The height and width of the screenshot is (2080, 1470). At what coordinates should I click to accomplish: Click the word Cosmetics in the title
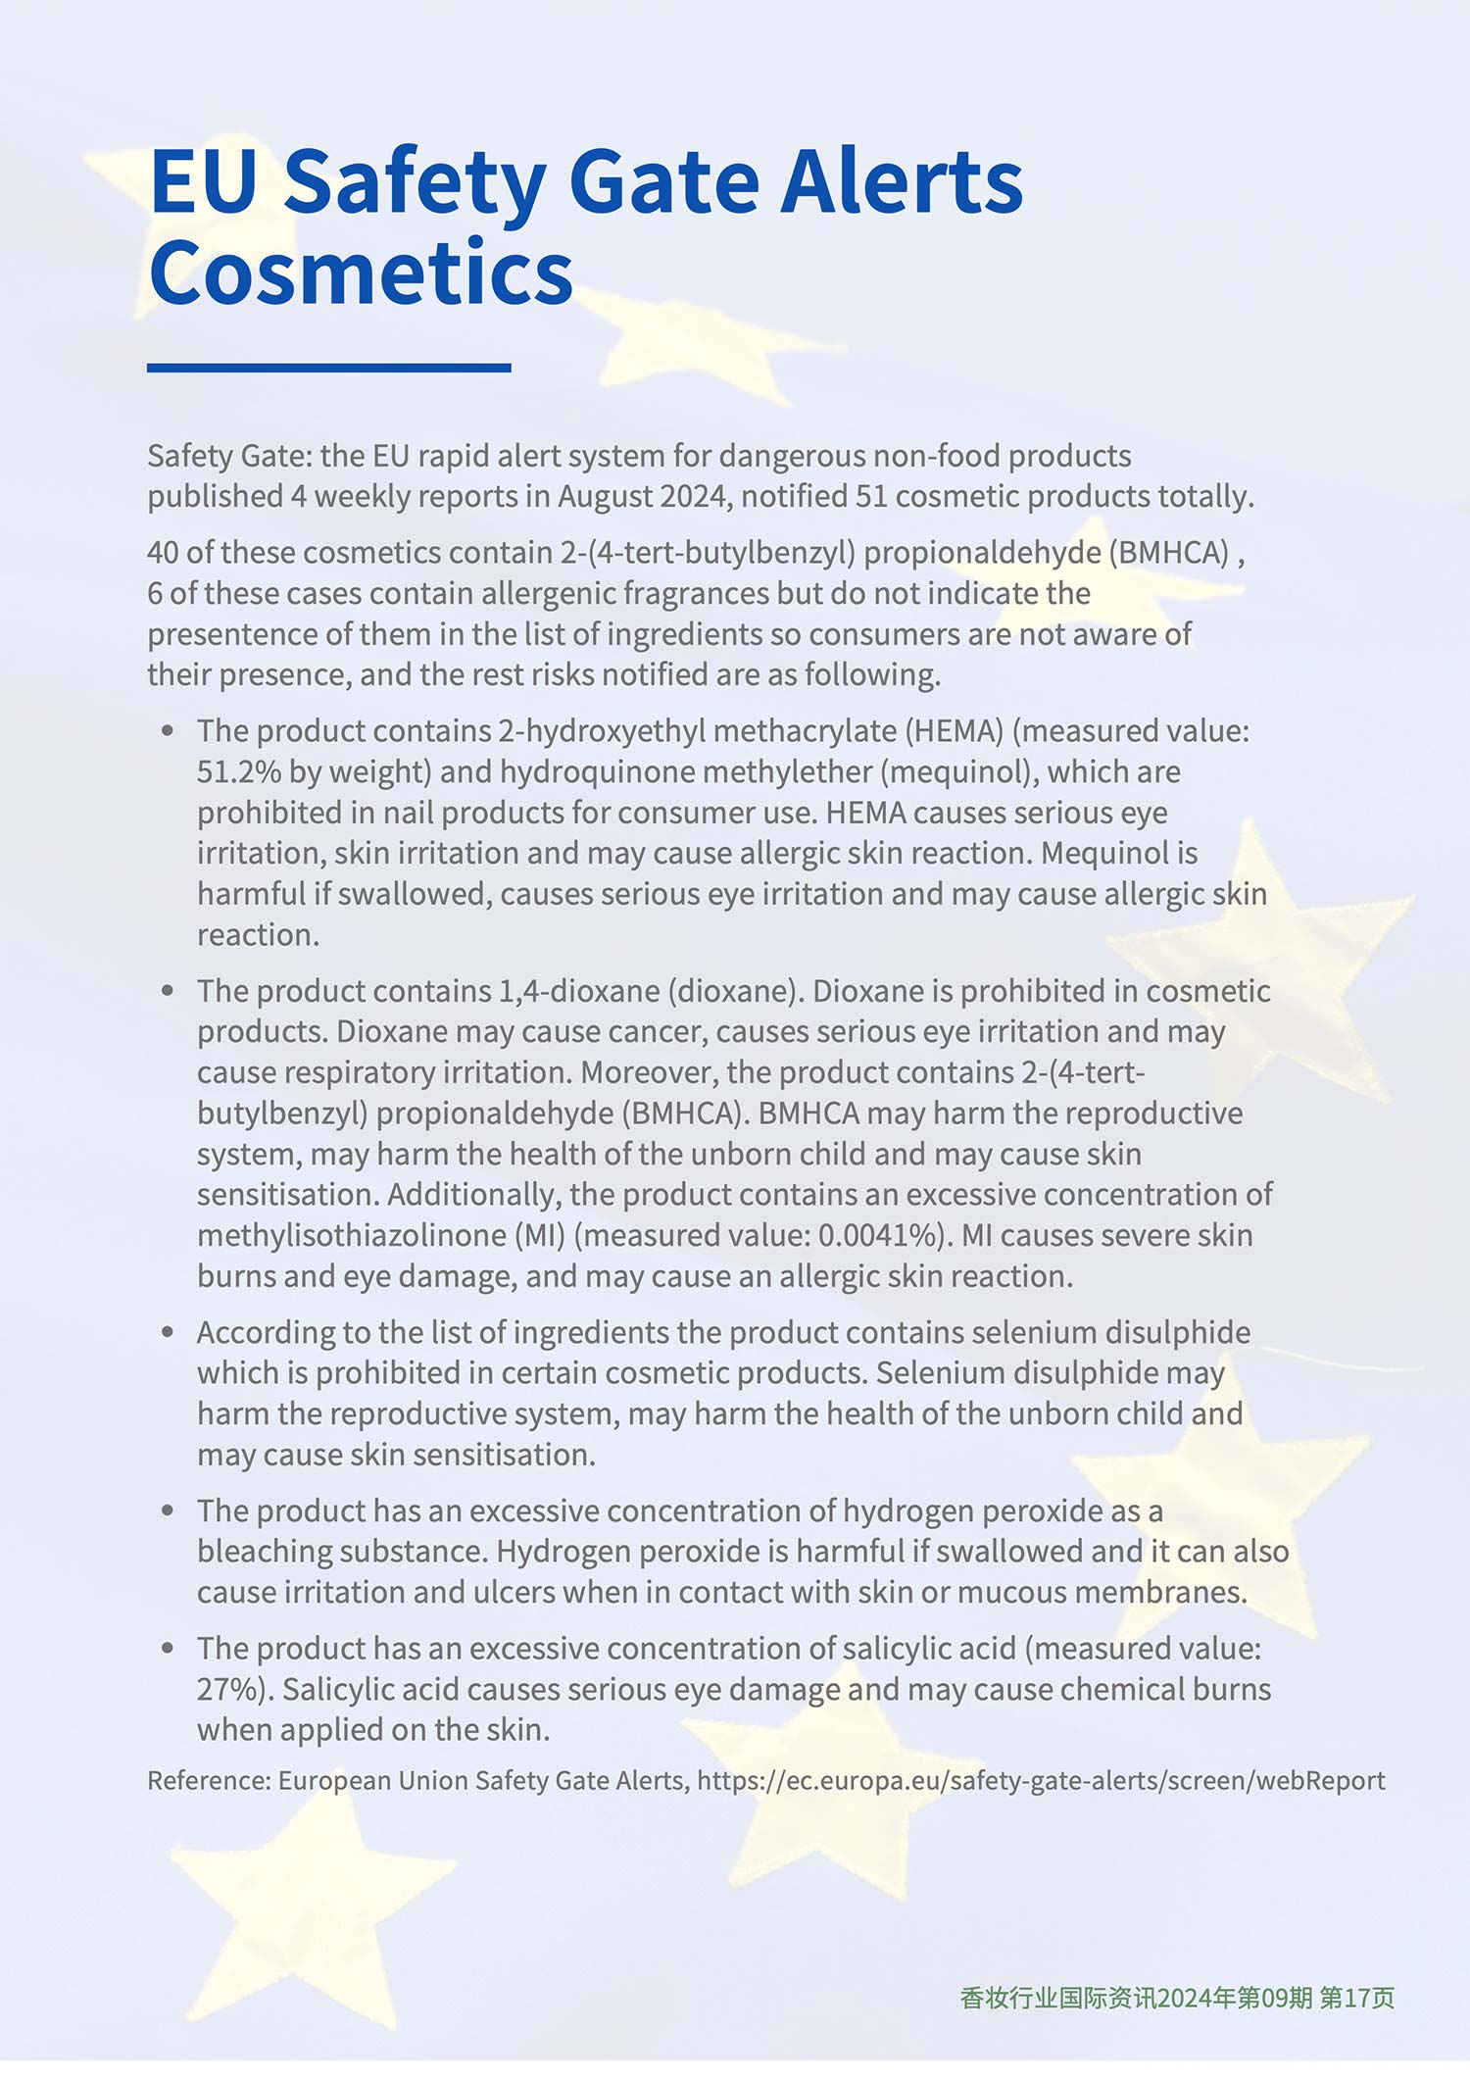361,272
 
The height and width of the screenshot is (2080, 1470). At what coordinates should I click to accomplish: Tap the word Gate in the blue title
663,182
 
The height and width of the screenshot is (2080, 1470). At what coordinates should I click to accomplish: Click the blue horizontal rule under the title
328,368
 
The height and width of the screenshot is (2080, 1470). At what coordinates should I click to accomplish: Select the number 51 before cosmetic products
871,496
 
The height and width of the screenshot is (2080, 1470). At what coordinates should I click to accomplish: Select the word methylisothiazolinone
352,1235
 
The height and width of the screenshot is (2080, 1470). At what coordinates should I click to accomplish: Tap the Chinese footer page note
1177,1998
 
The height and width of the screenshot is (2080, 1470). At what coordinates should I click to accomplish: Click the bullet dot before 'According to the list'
169,1332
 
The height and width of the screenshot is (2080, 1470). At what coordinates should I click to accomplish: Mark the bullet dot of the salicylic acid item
169,1649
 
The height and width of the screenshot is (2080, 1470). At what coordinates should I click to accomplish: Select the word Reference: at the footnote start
209,1780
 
